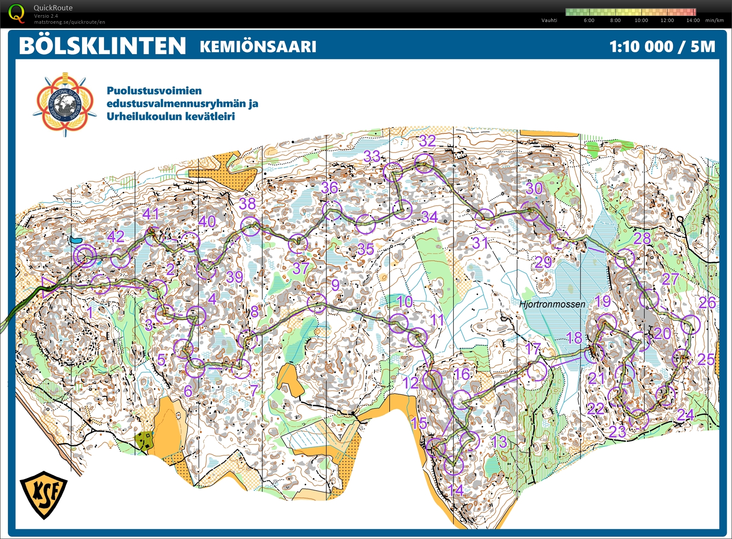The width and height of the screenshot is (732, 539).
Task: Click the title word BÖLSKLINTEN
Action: click(102, 46)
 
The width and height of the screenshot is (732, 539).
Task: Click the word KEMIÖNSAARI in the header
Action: click(258, 47)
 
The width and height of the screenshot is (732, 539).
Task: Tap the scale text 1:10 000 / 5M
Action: click(662, 46)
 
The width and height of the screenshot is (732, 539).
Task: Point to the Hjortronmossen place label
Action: click(552, 304)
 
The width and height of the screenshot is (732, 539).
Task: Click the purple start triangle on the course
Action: click(48, 288)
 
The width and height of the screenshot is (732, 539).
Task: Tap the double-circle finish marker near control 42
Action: click(85, 256)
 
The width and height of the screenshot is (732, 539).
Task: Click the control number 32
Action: click(427, 141)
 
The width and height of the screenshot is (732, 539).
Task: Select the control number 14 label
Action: click(456, 490)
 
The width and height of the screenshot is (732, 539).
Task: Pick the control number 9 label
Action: click(335, 285)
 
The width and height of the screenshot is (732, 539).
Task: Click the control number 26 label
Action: click(707, 303)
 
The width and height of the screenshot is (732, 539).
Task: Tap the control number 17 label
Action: click(533, 348)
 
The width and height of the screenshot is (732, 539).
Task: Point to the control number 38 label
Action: click(248, 203)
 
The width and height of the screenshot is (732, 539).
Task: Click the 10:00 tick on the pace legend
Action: click(641, 20)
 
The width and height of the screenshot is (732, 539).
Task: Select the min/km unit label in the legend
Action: click(714, 20)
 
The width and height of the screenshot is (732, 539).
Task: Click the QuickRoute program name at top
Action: click(53, 8)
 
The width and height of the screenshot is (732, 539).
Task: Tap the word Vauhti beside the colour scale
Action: click(549, 20)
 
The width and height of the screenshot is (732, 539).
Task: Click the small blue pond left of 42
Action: click(76, 240)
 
